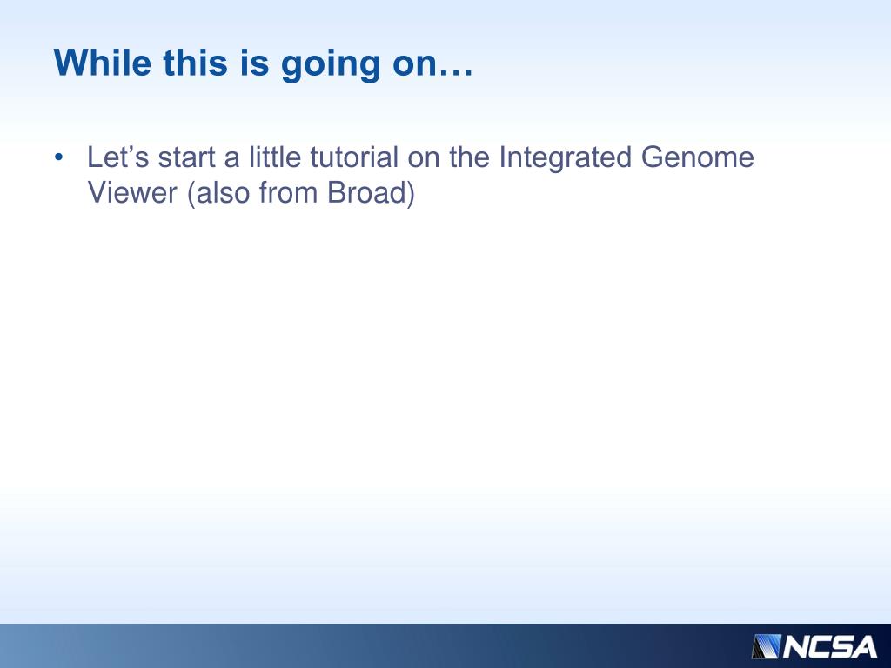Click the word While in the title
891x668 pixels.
[103, 63]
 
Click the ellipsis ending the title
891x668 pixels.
[454, 72]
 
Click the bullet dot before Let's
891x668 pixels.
[58, 157]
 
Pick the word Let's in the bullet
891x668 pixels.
[117, 157]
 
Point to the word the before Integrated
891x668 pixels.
[469, 157]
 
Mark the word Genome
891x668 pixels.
[698, 157]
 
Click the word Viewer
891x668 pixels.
[132, 192]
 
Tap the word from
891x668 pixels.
[288, 192]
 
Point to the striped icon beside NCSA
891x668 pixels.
[767, 647]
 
